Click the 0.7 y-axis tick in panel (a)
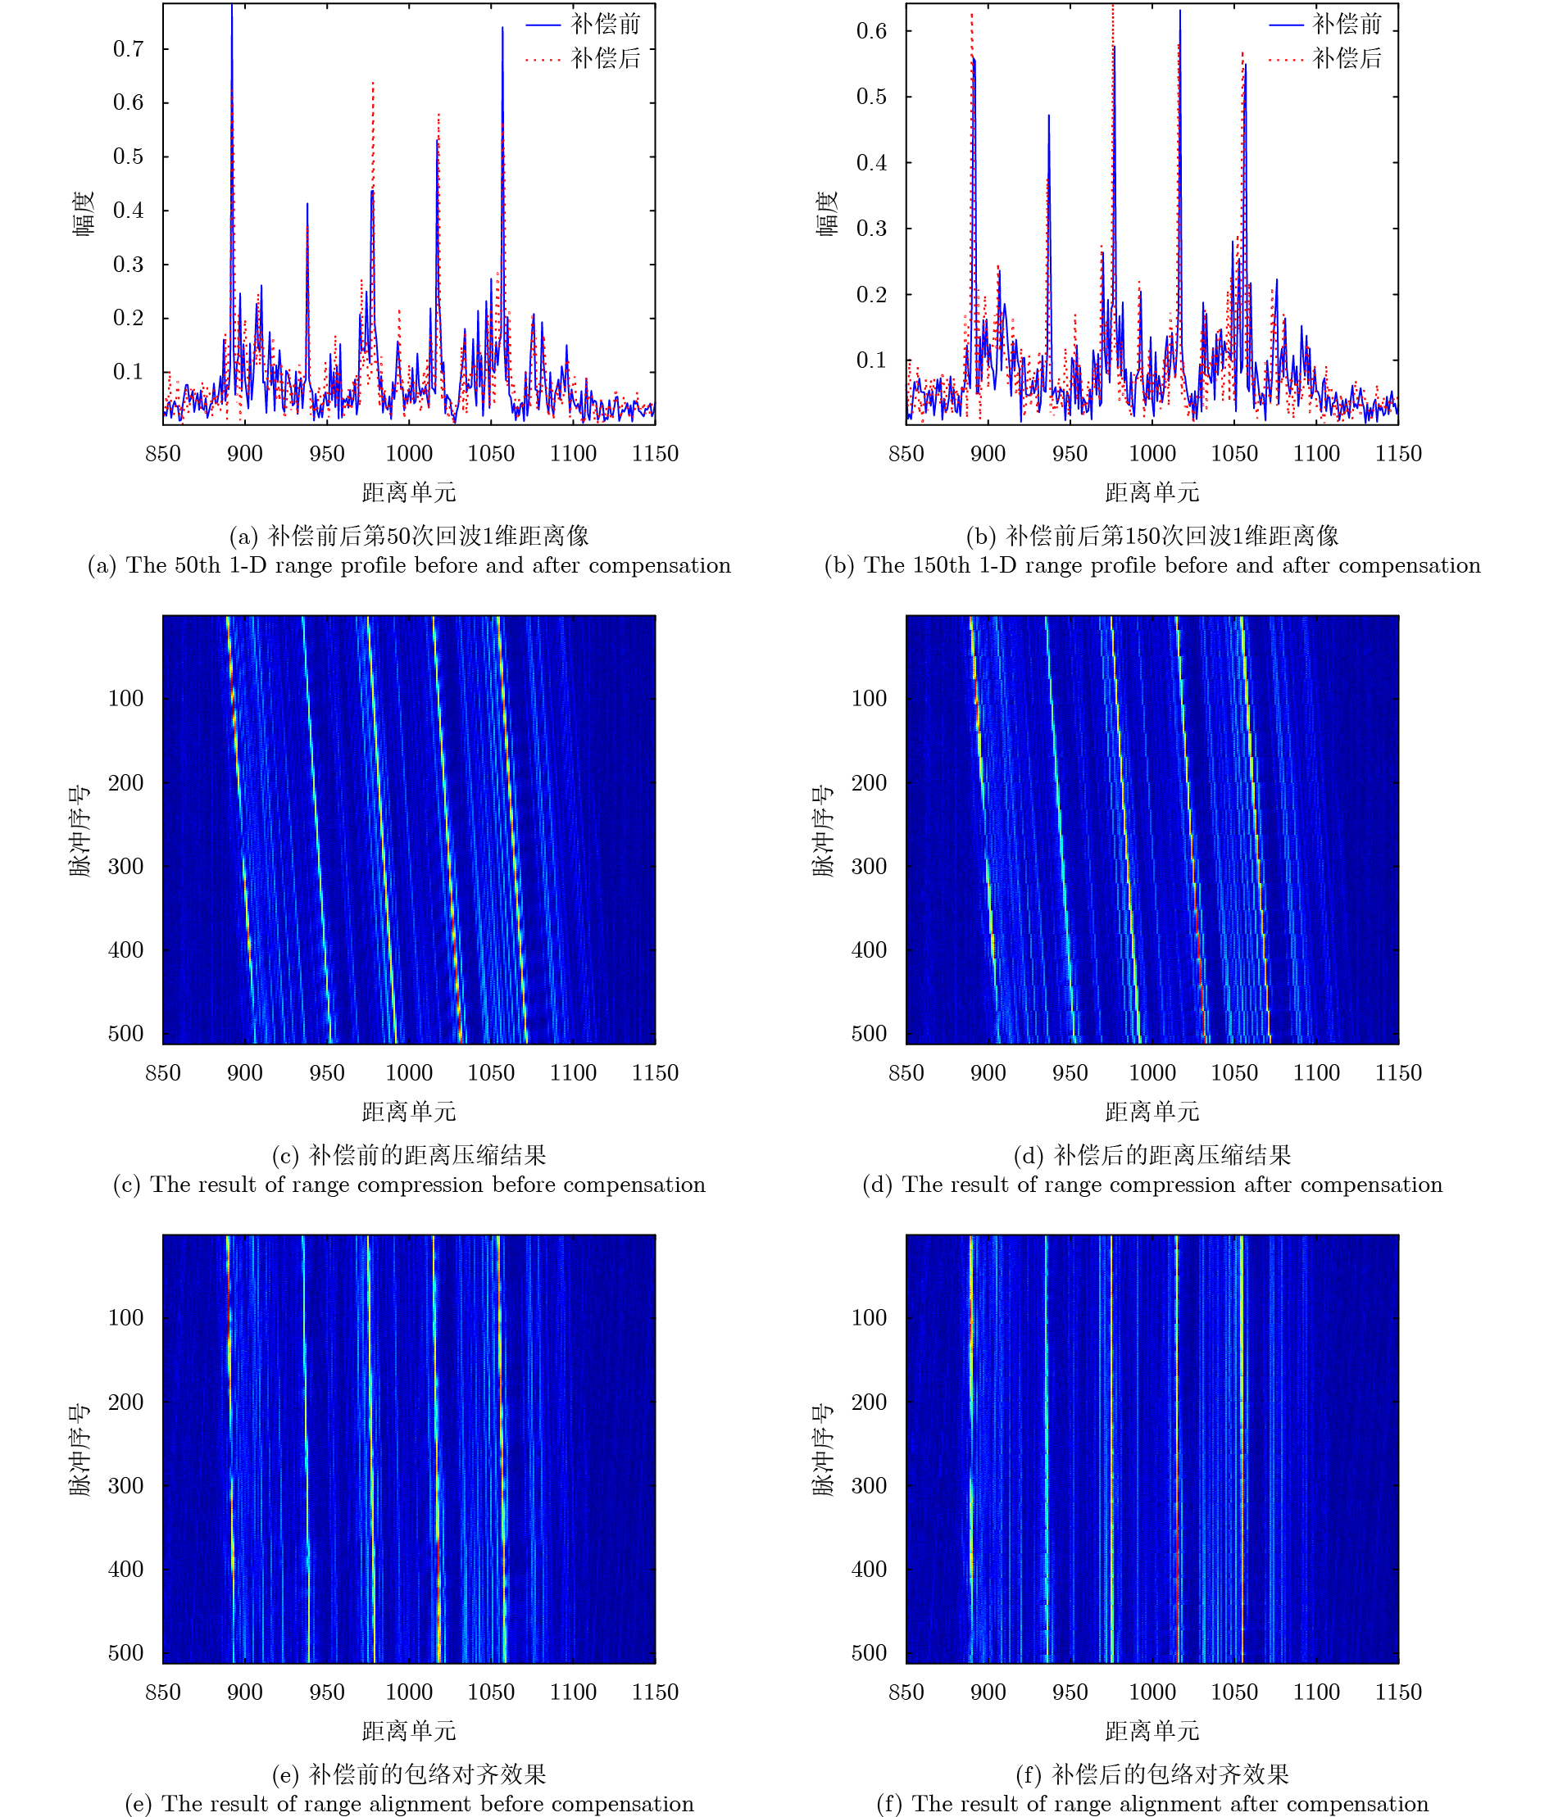click(x=128, y=49)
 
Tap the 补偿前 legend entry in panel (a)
click(x=605, y=24)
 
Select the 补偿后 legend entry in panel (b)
click(x=1347, y=59)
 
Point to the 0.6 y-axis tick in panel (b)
click(x=871, y=32)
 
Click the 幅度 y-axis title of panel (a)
click(x=84, y=213)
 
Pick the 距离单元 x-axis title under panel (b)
click(x=1151, y=493)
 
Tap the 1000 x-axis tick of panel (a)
click(x=409, y=453)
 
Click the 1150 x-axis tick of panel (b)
click(x=1397, y=453)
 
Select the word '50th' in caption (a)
click(x=197, y=565)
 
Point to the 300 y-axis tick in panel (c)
click(x=125, y=867)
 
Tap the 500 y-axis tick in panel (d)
click(x=869, y=1034)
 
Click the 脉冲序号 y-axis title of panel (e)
click(x=79, y=1449)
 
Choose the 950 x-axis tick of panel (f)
click(x=1070, y=1692)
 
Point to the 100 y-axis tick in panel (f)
click(x=869, y=1317)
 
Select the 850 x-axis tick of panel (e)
click(x=163, y=1692)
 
